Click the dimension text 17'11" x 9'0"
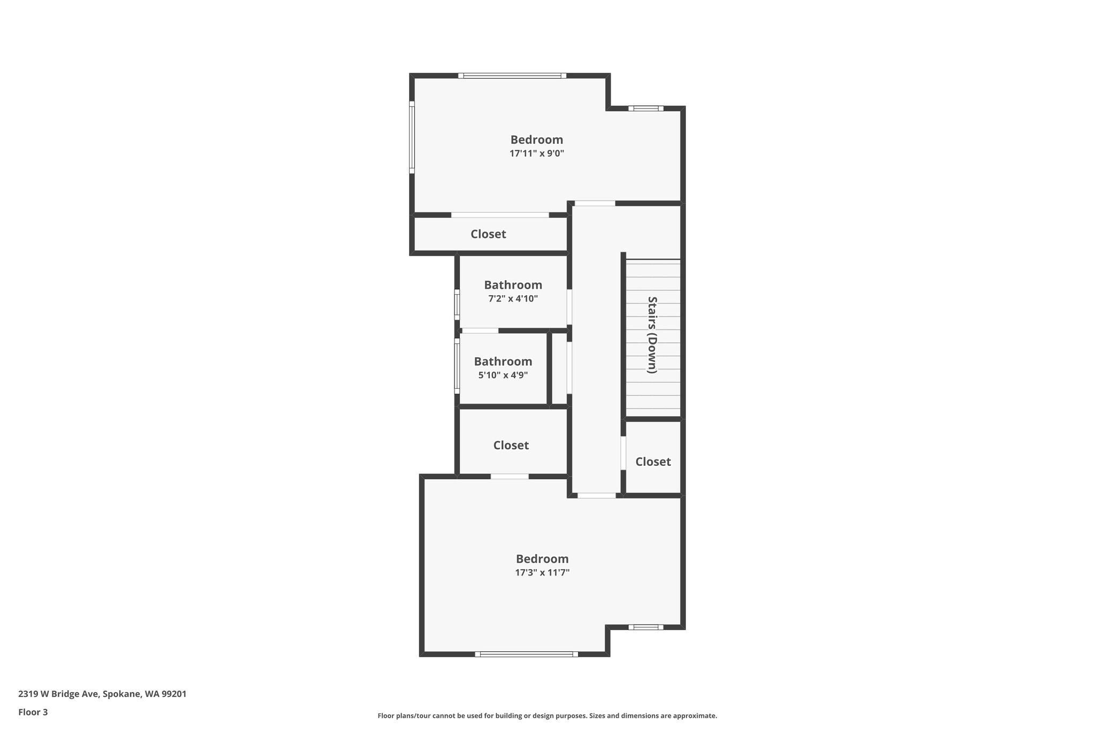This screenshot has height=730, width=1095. (537, 153)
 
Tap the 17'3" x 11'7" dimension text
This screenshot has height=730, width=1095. (542, 573)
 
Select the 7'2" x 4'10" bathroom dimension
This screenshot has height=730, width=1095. (513, 299)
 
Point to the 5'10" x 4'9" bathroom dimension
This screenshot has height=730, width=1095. (503, 375)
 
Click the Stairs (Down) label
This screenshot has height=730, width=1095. (652, 335)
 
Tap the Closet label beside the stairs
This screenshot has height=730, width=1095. (653, 462)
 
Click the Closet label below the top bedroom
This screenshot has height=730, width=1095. (488, 234)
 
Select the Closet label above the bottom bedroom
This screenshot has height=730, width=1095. (511, 445)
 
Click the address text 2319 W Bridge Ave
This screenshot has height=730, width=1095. (58, 694)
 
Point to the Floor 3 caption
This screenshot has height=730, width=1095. (33, 712)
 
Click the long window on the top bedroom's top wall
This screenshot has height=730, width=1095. (512, 76)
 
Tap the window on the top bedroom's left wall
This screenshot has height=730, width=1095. (412, 137)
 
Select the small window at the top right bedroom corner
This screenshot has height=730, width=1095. (646, 109)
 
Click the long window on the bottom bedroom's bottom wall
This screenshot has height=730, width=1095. (527, 654)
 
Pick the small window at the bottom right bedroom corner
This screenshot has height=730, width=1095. (646, 627)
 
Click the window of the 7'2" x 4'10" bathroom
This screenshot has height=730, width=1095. (457, 305)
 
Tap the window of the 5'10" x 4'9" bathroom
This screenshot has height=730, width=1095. (457, 366)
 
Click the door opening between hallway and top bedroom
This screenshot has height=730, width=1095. (595, 203)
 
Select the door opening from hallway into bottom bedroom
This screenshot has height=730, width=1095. (597, 496)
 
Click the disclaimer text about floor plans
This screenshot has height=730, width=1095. (547, 716)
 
